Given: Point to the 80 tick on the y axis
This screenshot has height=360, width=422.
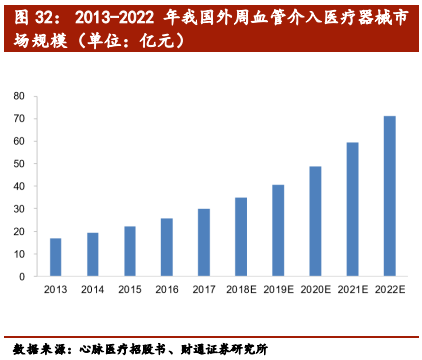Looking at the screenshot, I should pos(19,96).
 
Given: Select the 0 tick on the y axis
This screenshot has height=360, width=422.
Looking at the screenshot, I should pos(22,276).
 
